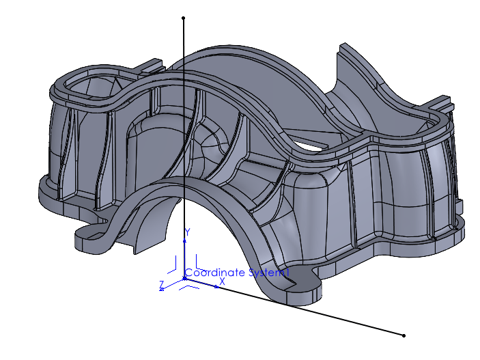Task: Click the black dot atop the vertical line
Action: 184,18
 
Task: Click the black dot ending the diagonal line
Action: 404,335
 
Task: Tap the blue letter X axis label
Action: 223,281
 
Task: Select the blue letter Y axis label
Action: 187,232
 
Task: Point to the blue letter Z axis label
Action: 161,283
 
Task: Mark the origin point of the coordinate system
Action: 185,277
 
